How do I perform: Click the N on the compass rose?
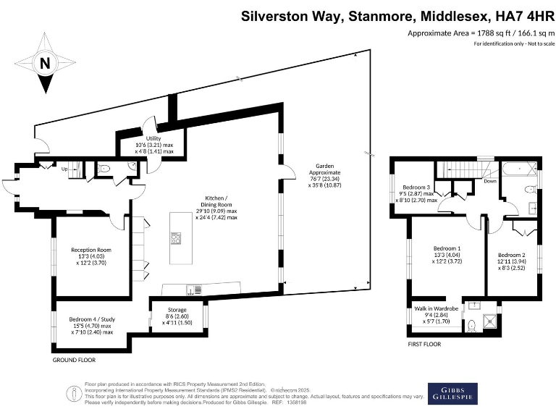(x=45, y=64)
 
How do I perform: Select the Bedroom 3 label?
(x=417, y=188)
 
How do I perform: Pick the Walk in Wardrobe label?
(x=436, y=308)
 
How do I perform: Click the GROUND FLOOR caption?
(x=74, y=359)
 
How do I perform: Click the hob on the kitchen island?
(x=176, y=239)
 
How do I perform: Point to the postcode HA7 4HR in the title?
(x=513, y=16)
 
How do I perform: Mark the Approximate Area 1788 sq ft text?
(x=476, y=34)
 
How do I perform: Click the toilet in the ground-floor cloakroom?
(x=105, y=168)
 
